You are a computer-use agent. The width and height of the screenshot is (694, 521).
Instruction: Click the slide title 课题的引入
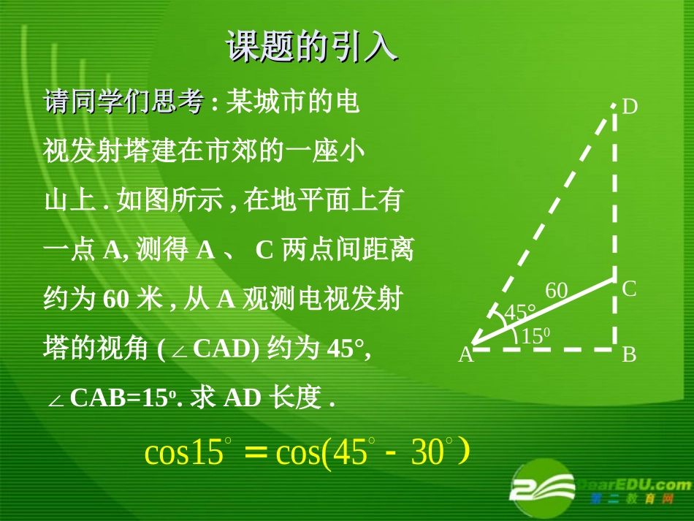(312, 47)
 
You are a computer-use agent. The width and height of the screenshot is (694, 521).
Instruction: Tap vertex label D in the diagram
(630, 107)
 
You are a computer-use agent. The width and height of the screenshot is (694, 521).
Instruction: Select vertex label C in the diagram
(629, 289)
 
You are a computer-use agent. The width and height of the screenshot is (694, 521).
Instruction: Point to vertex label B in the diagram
(629, 355)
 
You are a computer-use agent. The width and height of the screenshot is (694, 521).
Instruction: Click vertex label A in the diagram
(465, 356)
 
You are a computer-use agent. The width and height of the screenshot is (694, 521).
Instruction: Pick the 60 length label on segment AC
(557, 291)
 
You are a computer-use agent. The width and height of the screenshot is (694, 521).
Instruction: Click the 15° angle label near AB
(536, 336)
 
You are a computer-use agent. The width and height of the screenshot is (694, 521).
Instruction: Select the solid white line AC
(544, 311)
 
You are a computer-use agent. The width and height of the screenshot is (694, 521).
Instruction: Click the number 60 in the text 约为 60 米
(118, 299)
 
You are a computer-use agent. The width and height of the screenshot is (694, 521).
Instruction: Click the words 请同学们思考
(123, 102)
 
